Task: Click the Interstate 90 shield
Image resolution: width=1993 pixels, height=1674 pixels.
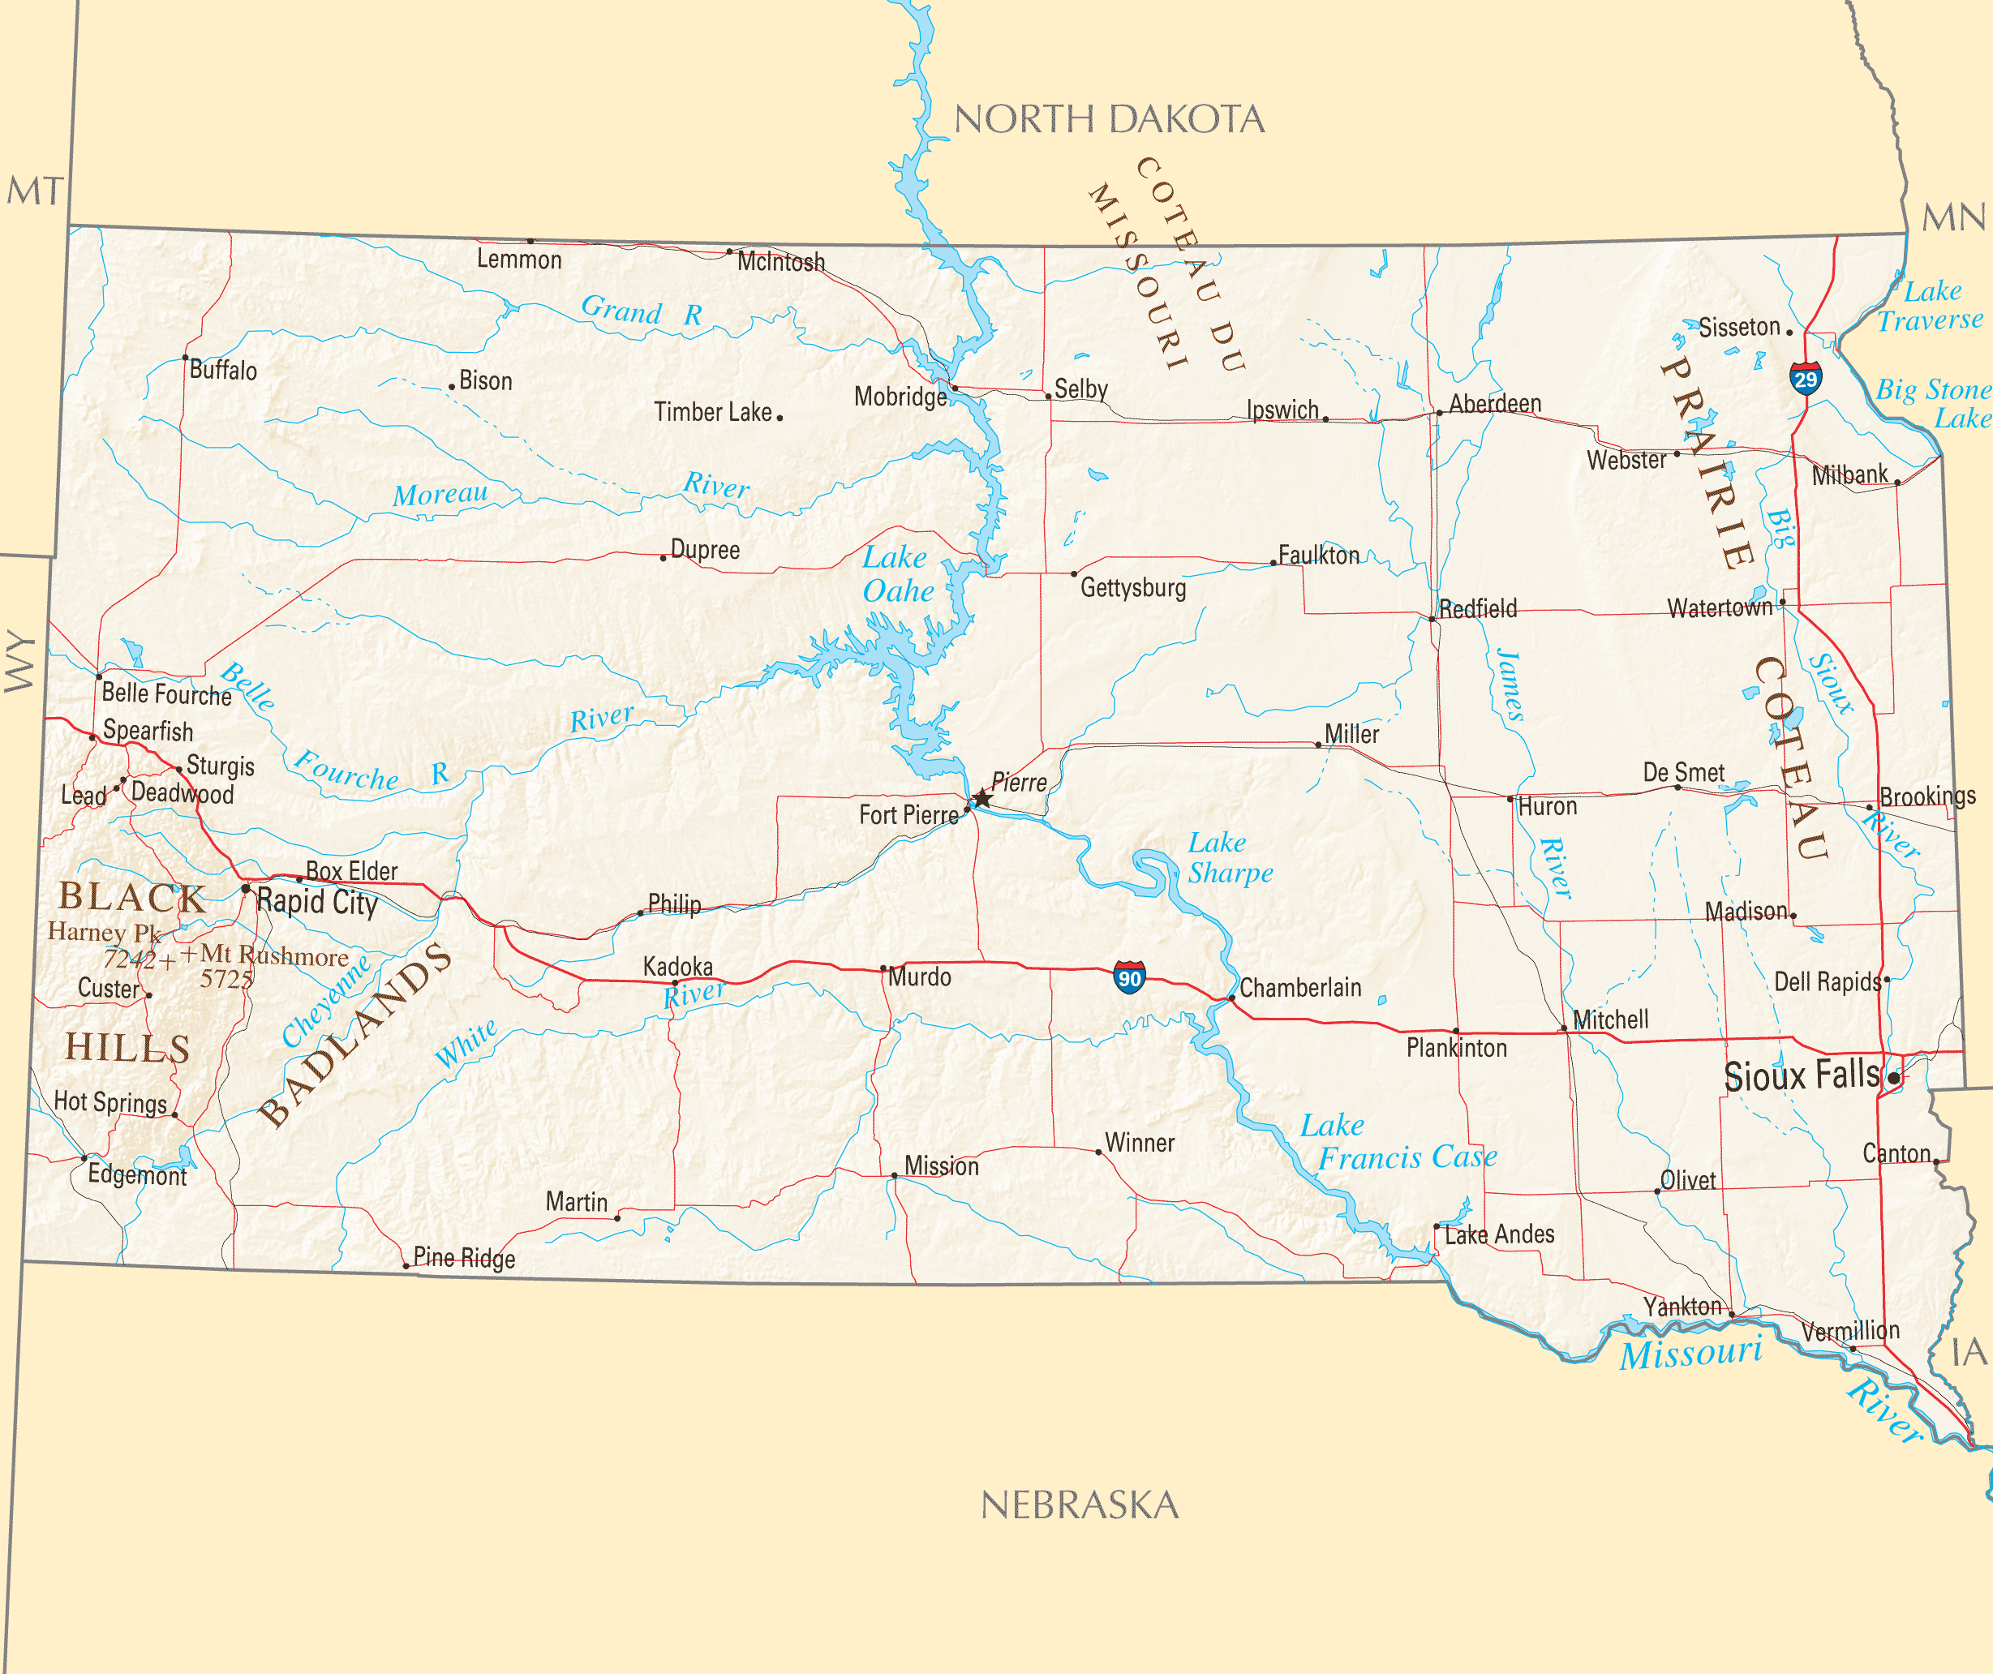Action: [1129, 976]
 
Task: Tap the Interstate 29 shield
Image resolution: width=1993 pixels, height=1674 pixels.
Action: [1805, 378]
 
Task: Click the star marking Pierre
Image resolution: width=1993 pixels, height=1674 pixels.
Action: [982, 799]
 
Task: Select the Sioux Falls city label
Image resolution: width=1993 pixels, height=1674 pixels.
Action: [1802, 1075]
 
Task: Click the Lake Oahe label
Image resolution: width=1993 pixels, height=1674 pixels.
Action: [897, 574]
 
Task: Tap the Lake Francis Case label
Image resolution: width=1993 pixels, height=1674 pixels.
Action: [1398, 1142]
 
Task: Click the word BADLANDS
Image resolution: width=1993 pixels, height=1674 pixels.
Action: [356, 1034]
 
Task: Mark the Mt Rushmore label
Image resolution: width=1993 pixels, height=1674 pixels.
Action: [273, 955]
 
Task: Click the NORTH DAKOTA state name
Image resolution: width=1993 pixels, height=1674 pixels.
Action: [1109, 119]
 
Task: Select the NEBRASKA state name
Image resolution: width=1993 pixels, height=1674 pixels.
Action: [1079, 1505]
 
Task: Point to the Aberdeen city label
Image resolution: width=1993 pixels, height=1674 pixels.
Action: [1495, 403]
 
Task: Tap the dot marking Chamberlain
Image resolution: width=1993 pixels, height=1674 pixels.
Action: [1232, 998]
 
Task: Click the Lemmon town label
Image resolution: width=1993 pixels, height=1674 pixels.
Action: [518, 259]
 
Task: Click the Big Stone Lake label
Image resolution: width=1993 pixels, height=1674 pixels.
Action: [1933, 403]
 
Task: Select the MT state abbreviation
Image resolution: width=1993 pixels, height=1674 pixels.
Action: [35, 191]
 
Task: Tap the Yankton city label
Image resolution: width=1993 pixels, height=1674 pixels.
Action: [1682, 1307]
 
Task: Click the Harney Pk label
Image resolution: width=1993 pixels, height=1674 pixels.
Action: [105, 932]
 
